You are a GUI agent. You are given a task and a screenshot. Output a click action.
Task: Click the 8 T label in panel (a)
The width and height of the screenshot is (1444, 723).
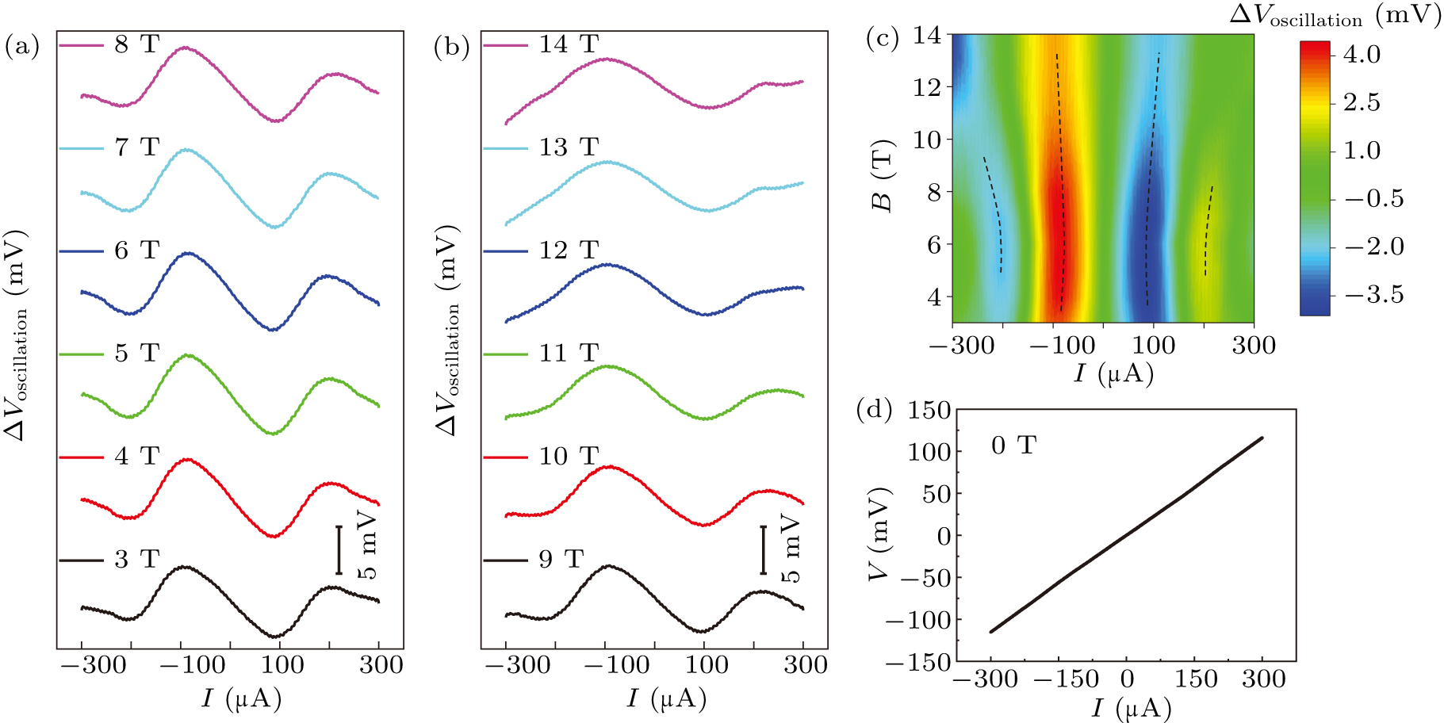coord(136,44)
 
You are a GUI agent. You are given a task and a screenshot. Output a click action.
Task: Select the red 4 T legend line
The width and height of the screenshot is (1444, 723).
coord(81,457)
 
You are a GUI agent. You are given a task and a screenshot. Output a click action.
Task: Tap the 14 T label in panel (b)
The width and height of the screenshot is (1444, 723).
coord(568,44)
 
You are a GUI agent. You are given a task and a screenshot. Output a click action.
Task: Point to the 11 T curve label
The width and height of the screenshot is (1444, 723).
coord(568,354)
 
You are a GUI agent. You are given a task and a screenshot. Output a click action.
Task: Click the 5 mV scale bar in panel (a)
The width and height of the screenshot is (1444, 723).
coord(339,549)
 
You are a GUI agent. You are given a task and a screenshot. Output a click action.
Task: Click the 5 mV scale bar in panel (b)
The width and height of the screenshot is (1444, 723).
coord(763,549)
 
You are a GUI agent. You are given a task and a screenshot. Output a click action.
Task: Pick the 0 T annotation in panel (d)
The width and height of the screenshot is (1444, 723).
coord(1013,446)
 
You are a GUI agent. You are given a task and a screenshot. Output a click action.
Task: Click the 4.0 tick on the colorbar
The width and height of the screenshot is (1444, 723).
coord(1361,55)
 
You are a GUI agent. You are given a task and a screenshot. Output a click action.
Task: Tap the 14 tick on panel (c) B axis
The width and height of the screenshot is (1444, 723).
coord(926,35)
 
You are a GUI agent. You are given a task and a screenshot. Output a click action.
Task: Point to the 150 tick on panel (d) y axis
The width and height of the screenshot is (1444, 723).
coord(929,410)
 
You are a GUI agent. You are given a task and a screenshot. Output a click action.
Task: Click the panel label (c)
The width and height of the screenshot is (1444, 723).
coord(882,38)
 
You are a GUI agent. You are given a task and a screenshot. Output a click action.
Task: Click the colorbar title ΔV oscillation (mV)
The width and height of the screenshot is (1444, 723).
coord(1335,16)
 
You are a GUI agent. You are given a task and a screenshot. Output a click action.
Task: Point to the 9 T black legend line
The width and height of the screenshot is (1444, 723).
coord(505,560)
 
